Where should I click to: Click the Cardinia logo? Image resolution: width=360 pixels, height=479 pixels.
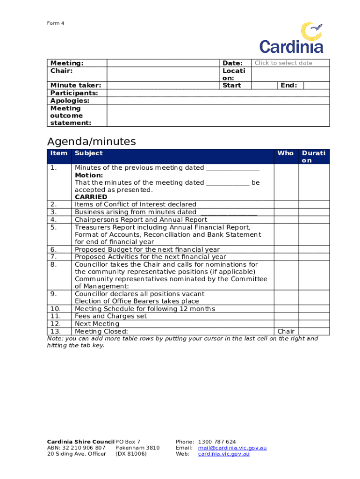(292, 37)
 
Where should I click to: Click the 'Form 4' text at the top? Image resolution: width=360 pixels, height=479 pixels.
(55, 23)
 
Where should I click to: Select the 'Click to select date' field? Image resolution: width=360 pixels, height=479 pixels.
(283, 63)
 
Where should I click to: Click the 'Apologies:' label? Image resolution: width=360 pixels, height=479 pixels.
(70, 101)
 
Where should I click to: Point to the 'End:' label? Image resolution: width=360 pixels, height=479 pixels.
(288, 85)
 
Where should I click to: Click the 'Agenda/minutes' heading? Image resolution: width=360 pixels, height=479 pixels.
(92, 141)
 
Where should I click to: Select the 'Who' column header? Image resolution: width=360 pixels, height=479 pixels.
(285, 153)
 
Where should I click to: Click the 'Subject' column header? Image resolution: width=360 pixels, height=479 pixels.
(89, 153)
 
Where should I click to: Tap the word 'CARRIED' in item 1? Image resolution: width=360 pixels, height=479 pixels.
(91, 197)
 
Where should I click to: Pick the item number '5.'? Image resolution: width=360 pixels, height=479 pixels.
(53, 227)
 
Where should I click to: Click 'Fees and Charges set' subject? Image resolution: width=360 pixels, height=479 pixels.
(111, 316)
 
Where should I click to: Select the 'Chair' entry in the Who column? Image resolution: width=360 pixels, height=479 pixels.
(286, 331)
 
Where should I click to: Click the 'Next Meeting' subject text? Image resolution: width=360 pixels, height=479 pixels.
(97, 324)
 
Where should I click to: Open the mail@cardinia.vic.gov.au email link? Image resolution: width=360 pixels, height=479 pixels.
(232, 448)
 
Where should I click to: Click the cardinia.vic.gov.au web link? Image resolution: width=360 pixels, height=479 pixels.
(223, 454)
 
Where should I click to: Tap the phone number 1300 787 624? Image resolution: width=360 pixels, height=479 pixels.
(217, 442)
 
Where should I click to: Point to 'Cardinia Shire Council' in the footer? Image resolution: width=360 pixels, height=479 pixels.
(80, 442)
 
